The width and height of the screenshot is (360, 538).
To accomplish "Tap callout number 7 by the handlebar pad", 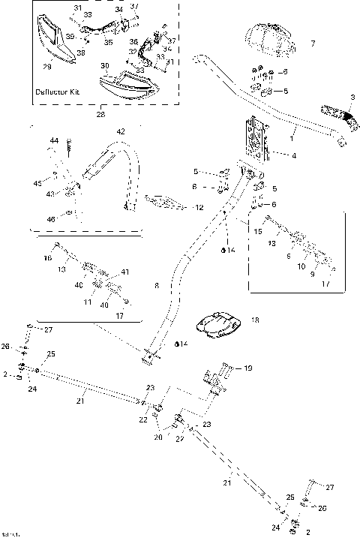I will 313,44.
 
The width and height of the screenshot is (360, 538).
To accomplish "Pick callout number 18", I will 255,320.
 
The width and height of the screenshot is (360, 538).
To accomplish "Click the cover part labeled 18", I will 217,324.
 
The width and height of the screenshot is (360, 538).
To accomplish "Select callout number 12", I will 199,207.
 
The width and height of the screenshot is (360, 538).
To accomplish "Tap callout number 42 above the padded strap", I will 121,132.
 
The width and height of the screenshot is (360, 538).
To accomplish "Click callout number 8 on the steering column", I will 156,286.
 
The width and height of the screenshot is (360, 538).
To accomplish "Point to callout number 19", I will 249,368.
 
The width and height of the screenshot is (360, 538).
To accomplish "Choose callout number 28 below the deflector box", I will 101,116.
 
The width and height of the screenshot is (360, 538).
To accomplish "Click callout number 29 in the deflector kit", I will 47,68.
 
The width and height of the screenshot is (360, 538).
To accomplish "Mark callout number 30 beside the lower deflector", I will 104,66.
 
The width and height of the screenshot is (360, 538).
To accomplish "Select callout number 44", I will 54,141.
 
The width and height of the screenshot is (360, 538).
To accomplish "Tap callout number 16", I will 48,257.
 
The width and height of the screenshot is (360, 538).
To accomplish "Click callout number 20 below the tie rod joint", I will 157,437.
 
